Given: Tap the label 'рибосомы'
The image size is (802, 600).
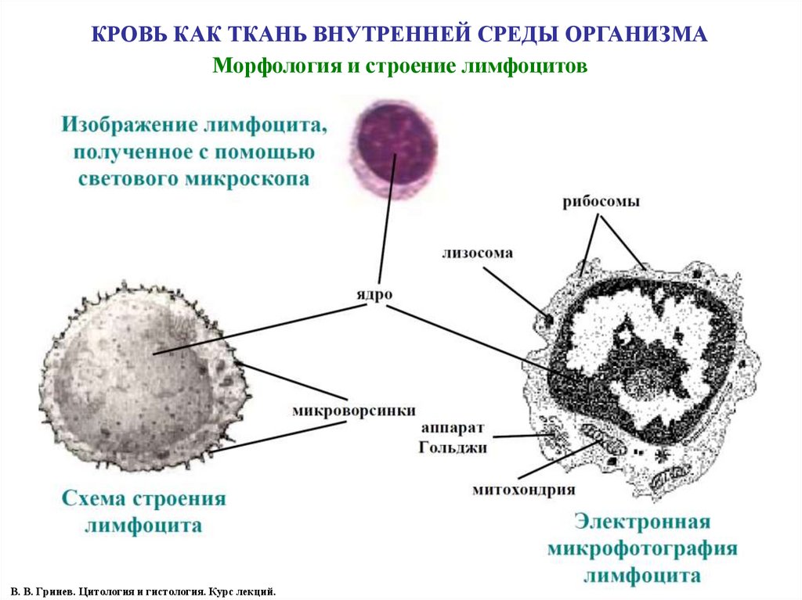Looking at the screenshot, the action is coord(601,202).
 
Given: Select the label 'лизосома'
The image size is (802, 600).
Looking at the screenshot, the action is coord(477,253).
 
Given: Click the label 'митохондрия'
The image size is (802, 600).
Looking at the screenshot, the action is coord(524,490).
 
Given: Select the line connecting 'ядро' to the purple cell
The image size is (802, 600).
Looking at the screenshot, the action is coord(386,219).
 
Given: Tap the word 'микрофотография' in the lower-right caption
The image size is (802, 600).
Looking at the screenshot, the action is coord(642,548).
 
